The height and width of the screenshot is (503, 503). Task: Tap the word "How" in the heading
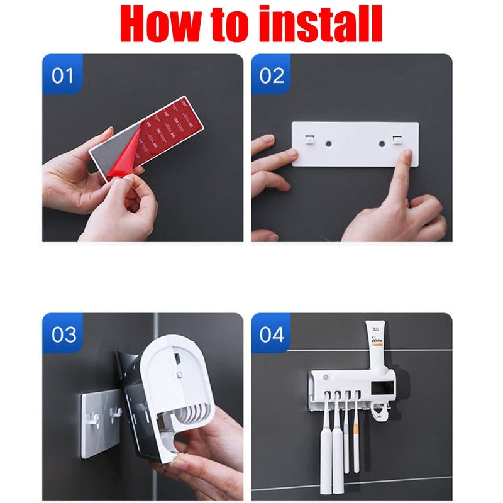click(155, 24)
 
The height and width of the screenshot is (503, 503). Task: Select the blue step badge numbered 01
click(62, 75)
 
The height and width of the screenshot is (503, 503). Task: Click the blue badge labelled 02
click(272, 75)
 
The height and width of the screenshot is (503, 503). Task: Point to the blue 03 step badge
click(62, 334)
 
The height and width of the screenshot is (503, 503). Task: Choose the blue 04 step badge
click(272, 334)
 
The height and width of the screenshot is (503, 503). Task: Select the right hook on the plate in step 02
click(397, 139)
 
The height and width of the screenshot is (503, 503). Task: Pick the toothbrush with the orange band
click(356, 434)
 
